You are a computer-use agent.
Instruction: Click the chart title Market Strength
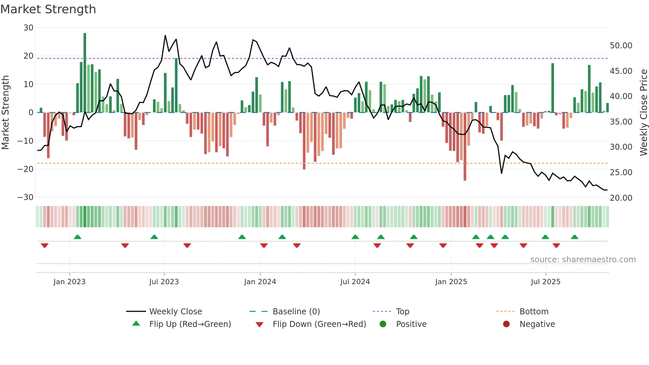click(48, 9)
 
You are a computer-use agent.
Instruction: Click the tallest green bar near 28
click(85, 73)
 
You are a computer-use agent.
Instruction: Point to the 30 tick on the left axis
click(28, 28)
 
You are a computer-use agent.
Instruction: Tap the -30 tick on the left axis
click(25, 197)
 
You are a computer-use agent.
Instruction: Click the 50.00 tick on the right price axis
click(621, 46)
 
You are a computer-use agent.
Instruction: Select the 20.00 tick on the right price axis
click(621, 198)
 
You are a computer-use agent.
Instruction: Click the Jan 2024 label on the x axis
click(260, 282)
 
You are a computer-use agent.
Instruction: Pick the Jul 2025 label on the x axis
click(545, 282)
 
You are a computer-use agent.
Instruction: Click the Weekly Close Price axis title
click(643, 113)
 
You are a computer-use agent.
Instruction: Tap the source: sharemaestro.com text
click(583, 260)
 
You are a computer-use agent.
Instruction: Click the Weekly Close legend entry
click(175, 312)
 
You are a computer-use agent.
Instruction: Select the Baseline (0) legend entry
click(296, 312)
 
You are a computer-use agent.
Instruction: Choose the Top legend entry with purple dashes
click(402, 312)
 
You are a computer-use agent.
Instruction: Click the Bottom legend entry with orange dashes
click(534, 312)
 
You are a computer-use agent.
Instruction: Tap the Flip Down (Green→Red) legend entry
click(319, 324)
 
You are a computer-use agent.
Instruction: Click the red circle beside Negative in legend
click(506, 324)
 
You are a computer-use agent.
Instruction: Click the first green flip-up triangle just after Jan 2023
click(77, 237)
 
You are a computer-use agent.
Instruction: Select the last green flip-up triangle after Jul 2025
click(574, 237)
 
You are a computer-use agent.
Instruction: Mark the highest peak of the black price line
click(165, 35)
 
